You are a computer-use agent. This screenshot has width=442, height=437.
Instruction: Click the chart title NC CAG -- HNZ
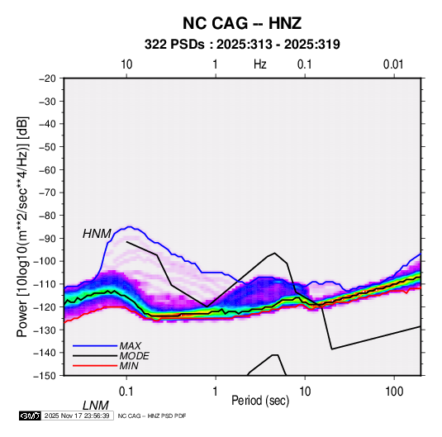(x=242, y=23)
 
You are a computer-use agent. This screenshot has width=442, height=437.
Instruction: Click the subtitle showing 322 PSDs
(x=242, y=45)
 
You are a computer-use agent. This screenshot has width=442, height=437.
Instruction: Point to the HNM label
(x=97, y=234)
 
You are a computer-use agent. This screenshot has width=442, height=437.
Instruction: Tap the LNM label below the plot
(x=95, y=406)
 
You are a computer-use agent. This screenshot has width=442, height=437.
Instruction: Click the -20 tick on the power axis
(x=47, y=78)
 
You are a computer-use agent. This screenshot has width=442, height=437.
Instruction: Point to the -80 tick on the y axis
(x=47, y=216)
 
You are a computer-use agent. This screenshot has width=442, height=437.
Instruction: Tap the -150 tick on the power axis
(x=45, y=376)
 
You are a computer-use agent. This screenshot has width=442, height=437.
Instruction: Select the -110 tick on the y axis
(x=45, y=284)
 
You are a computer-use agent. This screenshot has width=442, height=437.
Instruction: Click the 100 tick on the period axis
(x=394, y=392)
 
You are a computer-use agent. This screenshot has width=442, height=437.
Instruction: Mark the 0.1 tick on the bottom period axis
(x=126, y=392)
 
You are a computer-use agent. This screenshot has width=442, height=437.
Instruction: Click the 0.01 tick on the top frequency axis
(x=393, y=64)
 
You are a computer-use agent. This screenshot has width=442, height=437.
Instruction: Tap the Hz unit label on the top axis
(x=260, y=64)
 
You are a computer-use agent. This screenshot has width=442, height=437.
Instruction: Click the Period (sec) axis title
(x=260, y=401)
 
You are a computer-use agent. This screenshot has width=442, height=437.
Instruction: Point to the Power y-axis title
(x=23, y=227)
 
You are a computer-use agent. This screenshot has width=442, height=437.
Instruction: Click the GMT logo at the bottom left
(x=30, y=416)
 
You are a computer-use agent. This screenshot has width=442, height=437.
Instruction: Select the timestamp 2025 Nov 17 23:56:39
(x=77, y=416)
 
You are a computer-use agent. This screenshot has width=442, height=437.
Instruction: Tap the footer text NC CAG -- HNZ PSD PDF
(x=152, y=416)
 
